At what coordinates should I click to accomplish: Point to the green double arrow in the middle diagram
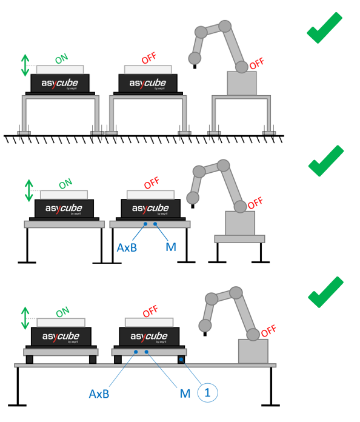coord(25,191)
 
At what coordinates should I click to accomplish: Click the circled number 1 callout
coord(207,393)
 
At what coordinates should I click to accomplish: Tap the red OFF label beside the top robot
coord(256,63)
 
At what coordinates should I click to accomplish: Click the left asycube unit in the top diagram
coord(60,83)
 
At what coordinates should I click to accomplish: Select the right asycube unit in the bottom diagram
coord(150,336)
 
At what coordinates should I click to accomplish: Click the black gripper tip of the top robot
coord(194,66)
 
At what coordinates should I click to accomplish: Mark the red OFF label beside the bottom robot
coord(268,332)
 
